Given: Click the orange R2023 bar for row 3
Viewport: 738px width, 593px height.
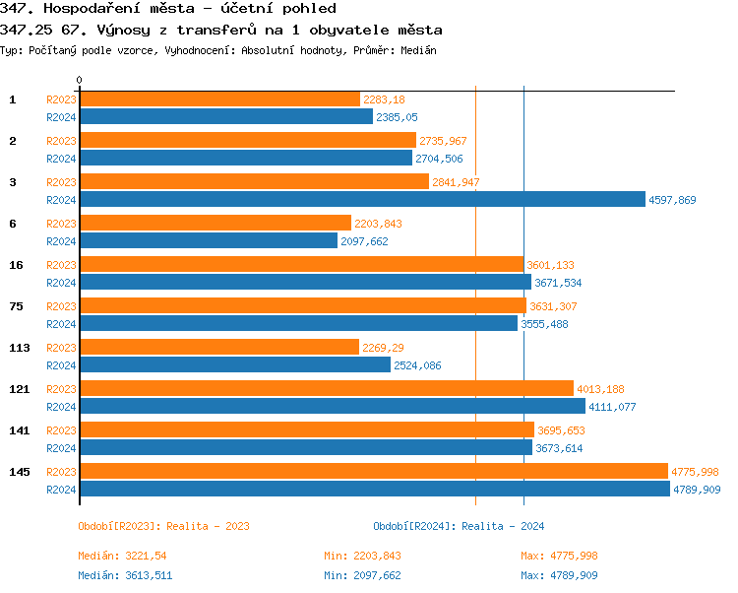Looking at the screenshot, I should [254, 181].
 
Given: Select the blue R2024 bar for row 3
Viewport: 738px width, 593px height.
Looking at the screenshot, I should [362, 199].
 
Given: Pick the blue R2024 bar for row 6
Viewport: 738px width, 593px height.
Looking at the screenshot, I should [209, 240].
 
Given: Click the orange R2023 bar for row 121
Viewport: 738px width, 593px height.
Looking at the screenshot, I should [326, 388].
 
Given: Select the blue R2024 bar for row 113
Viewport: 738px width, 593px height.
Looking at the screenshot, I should [234, 364].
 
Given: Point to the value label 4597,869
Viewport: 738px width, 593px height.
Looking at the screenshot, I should [672, 200].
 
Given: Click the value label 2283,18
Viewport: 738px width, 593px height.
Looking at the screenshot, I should [384, 99].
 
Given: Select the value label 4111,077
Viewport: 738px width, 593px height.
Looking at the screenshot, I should [612, 407].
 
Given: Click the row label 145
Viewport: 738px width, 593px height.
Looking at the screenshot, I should [19, 472].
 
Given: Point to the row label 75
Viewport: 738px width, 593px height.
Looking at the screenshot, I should [16, 306].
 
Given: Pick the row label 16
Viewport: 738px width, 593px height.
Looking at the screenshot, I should [16, 265].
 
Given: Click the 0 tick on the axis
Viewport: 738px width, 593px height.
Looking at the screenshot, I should [80, 80].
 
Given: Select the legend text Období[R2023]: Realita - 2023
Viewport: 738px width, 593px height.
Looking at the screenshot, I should [163, 526].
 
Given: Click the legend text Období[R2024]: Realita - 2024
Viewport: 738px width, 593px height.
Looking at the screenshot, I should [459, 526].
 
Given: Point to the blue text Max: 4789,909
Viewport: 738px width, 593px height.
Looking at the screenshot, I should [559, 575].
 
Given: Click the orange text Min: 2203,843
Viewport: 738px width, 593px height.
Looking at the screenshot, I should [362, 556].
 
